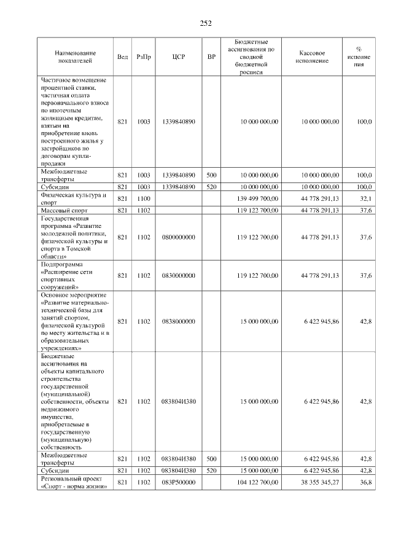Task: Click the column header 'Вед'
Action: point(122,57)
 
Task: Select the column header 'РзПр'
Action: point(144,57)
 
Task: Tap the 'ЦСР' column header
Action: point(179,57)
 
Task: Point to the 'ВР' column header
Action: point(212,57)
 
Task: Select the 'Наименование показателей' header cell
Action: point(74,57)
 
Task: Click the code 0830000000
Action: point(179,275)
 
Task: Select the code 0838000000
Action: point(179,321)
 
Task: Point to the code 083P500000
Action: point(179,483)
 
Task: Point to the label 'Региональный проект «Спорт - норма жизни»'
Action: point(74,483)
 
